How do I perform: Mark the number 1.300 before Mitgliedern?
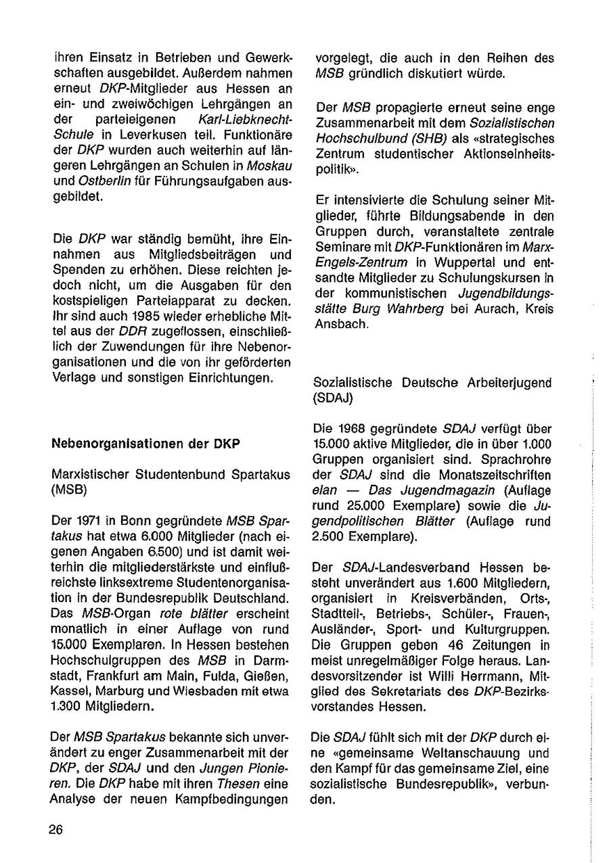[68, 703]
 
